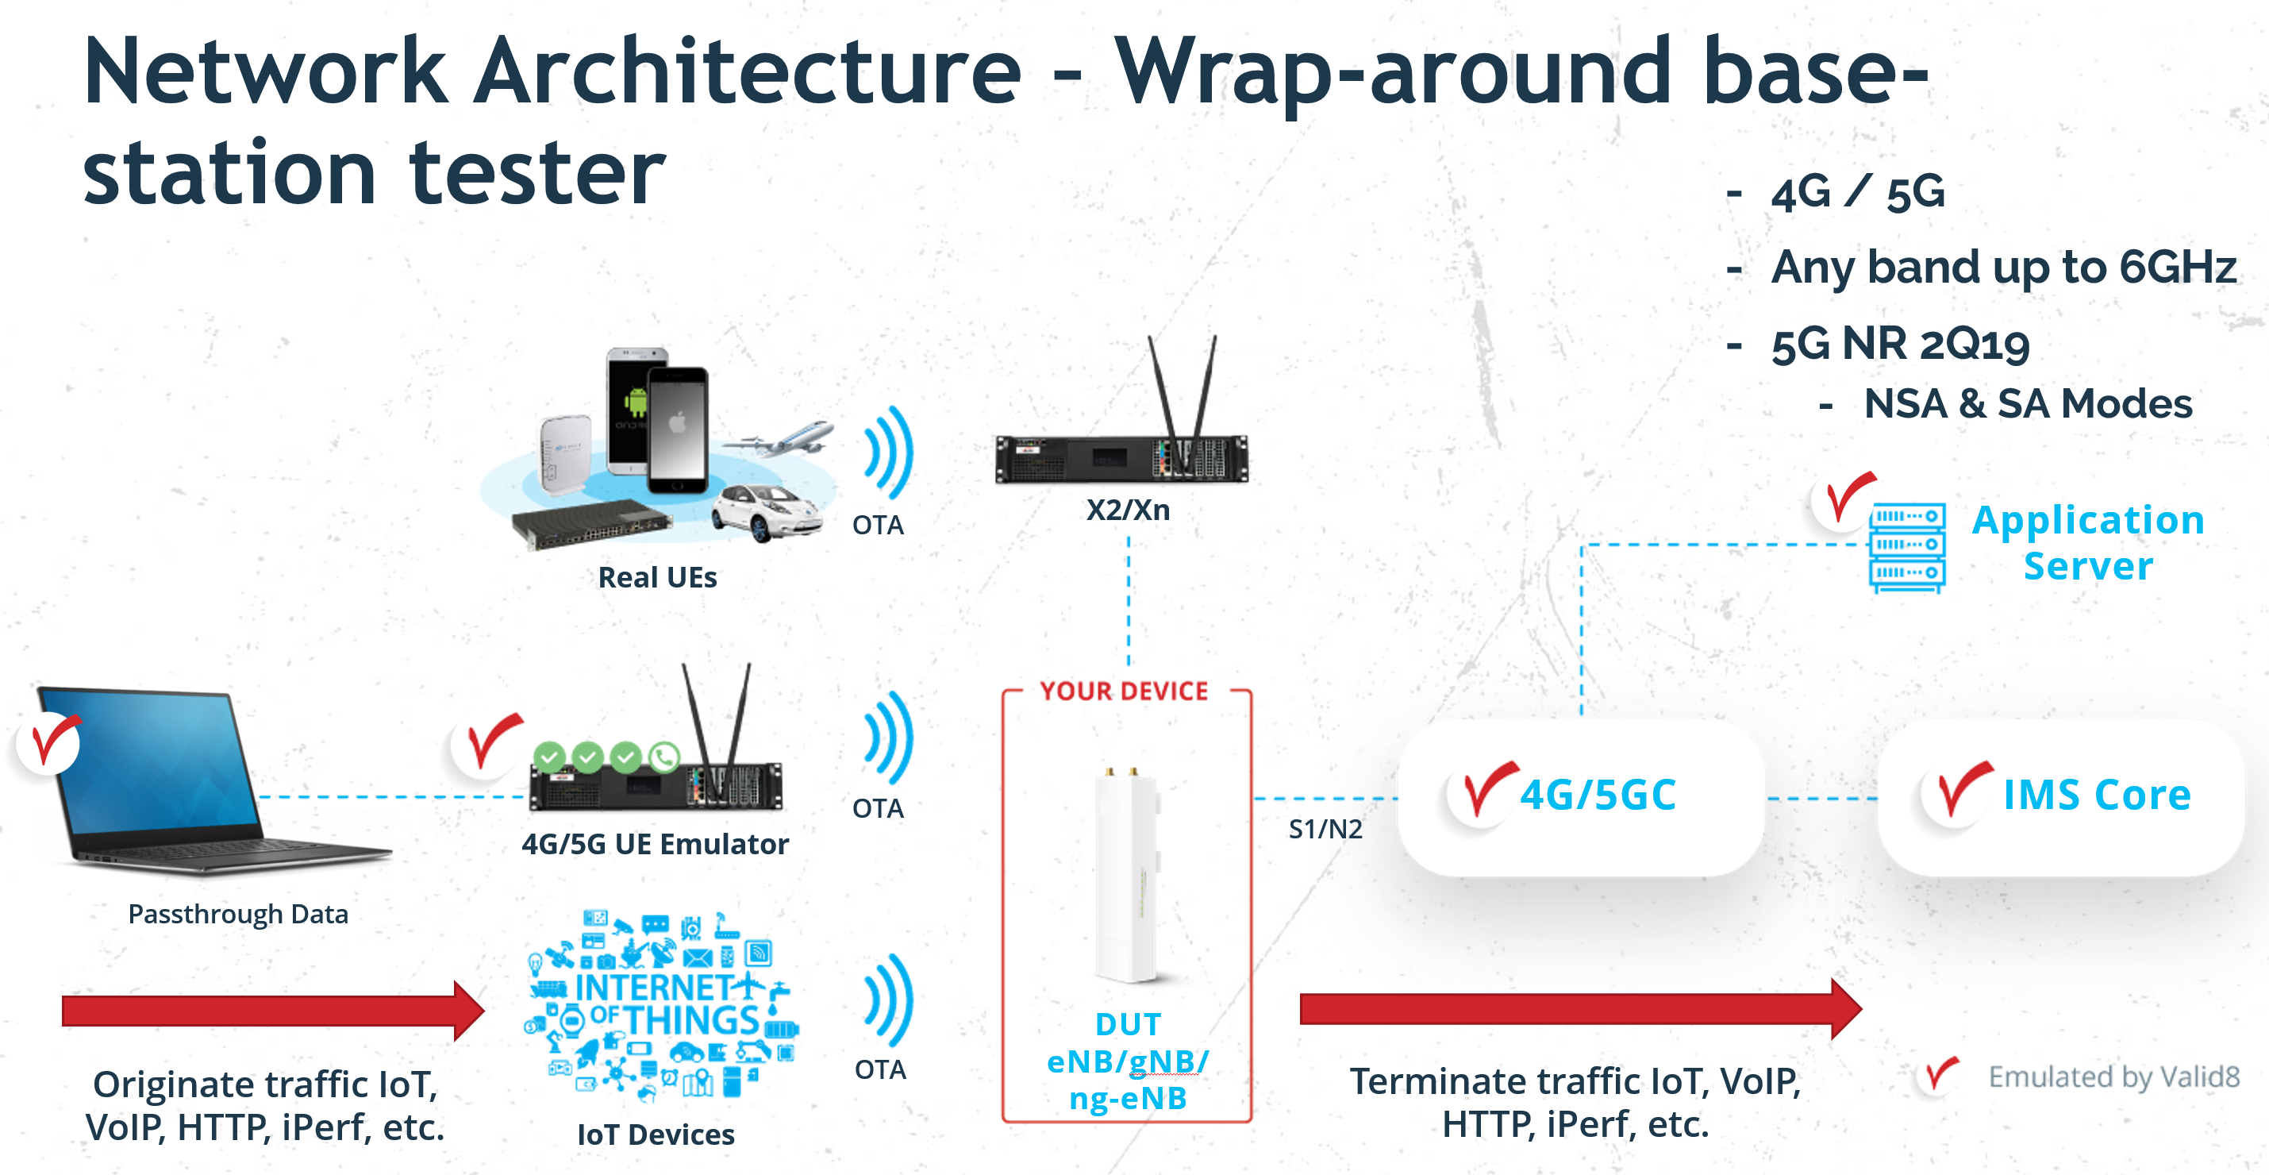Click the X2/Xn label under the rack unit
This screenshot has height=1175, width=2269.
coord(1128,510)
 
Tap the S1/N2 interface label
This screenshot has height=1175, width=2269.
coord(1325,829)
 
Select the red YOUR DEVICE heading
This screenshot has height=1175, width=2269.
coord(1124,692)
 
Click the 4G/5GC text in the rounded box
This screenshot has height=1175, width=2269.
coord(1598,795)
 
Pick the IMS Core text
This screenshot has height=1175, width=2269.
coord(2096,795)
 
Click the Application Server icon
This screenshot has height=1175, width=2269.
coord(1907,547)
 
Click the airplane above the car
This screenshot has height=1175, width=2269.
coord(786,437)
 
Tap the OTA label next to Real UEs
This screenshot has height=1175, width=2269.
coord(877,525)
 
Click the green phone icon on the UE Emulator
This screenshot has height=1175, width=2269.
coord(664,757)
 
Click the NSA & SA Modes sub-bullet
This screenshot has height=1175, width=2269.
coord(2027,404)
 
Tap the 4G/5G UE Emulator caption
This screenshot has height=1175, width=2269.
coord(655,844)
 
